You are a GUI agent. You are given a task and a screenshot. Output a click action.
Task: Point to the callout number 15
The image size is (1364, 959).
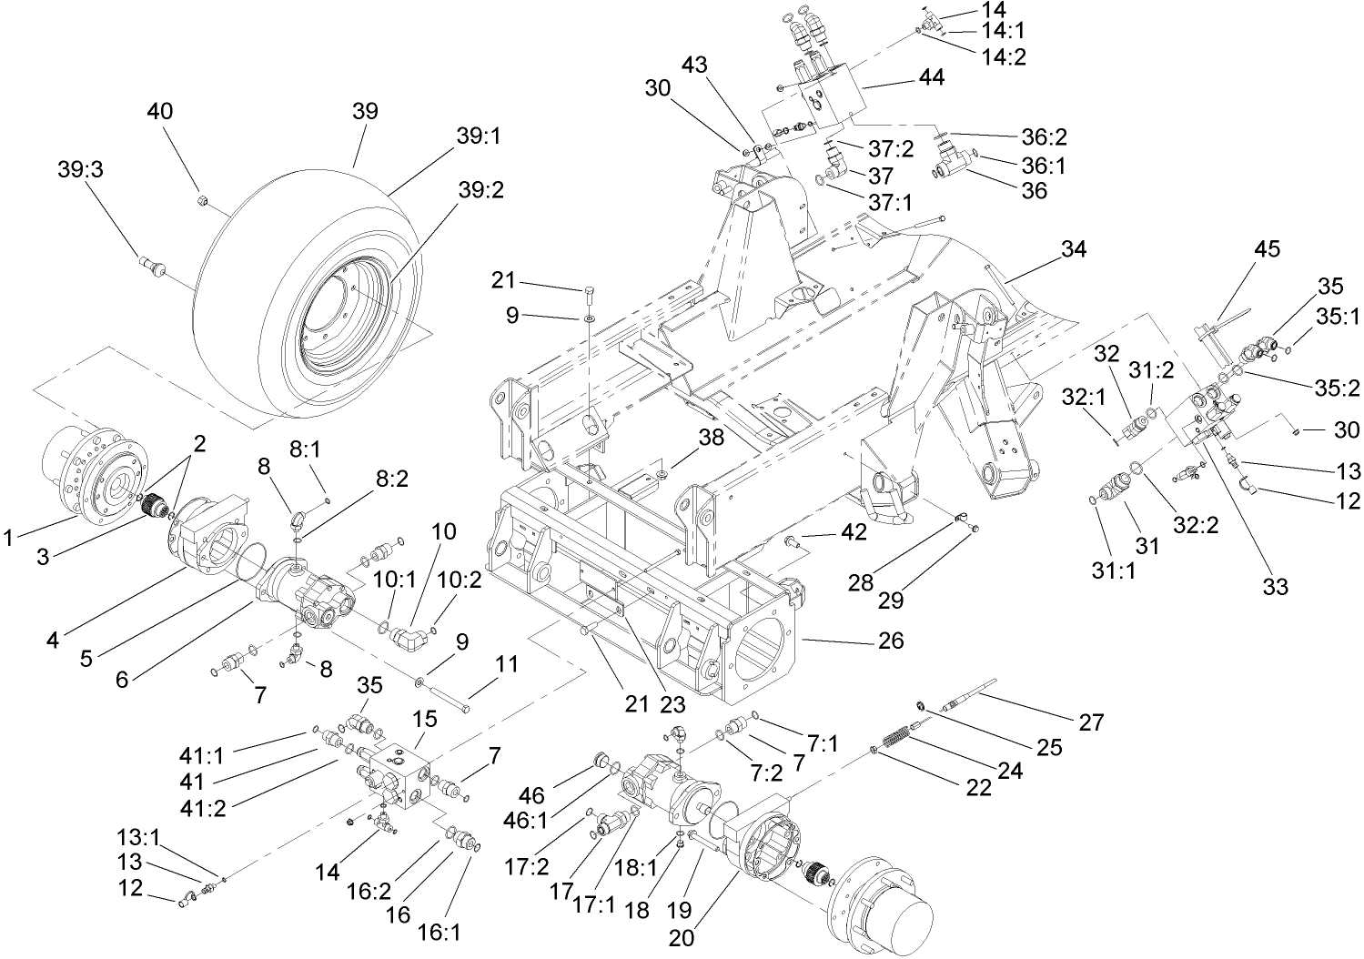tap(425, 720)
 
